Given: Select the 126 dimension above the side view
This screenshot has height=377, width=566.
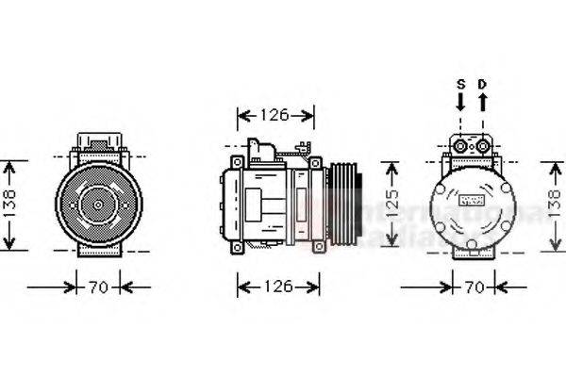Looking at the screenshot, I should tap(275, 115).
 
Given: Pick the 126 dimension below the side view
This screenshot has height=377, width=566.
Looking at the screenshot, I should tap(275, 286).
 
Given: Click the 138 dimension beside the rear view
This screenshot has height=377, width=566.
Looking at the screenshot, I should tap(557, 205).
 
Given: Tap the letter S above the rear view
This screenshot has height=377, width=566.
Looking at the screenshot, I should tap(460, 84).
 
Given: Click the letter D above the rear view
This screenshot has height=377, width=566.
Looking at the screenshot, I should tap(482, 84).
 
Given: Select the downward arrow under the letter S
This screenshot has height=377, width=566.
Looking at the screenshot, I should tap(460, 101).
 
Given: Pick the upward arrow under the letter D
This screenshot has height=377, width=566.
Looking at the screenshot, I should tap(482, 101).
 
